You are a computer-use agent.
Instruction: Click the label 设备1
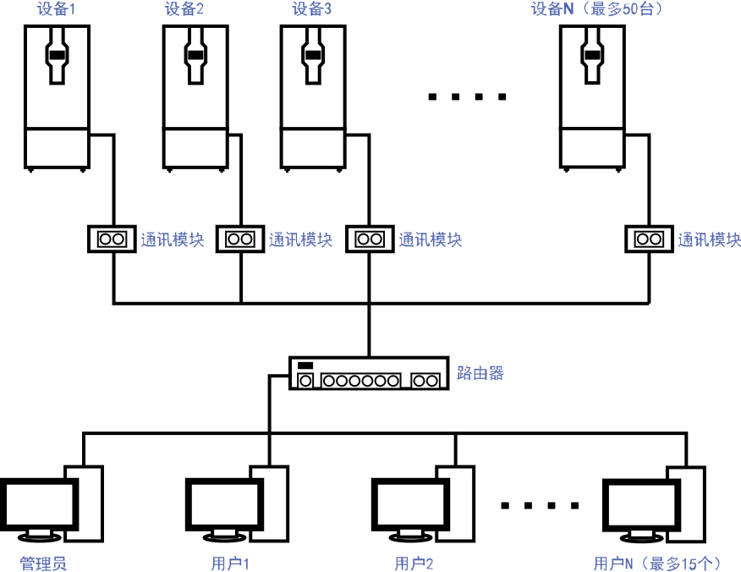pyautogui.click(x=57, y=9)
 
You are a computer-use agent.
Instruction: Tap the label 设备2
pyautogui.click(x=184, y=9)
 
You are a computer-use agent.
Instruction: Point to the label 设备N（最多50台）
pyautogui.click(x=596, y=9)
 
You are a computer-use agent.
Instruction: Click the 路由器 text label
pyautogui.click(x=480, y=372)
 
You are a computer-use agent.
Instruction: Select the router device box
pyautogui.click(x=368, y=373)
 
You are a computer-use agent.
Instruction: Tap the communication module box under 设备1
pyautogui.click(x=112, y=239)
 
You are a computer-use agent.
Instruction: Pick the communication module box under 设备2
pyautogui.click(x=240, y=239)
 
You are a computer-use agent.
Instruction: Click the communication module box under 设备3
pyautogui.click(x=369, y=239)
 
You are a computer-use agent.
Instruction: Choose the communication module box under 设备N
pyautogui.click(x=649, y=239)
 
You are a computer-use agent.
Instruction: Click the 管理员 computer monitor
pyautogui.click(x=40, y=505)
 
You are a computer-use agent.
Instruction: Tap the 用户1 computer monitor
pyautogui.click(x=223, y=505)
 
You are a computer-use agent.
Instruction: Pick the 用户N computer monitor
pyautogui.click(x=641, y=505)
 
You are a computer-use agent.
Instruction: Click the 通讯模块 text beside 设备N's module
pyautogui.click(x=709, y=239)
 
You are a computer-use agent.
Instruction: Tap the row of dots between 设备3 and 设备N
pyautogui.click(x=467, y=97)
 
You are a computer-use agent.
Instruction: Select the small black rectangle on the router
pyautogui.click(x=305, y=366)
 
